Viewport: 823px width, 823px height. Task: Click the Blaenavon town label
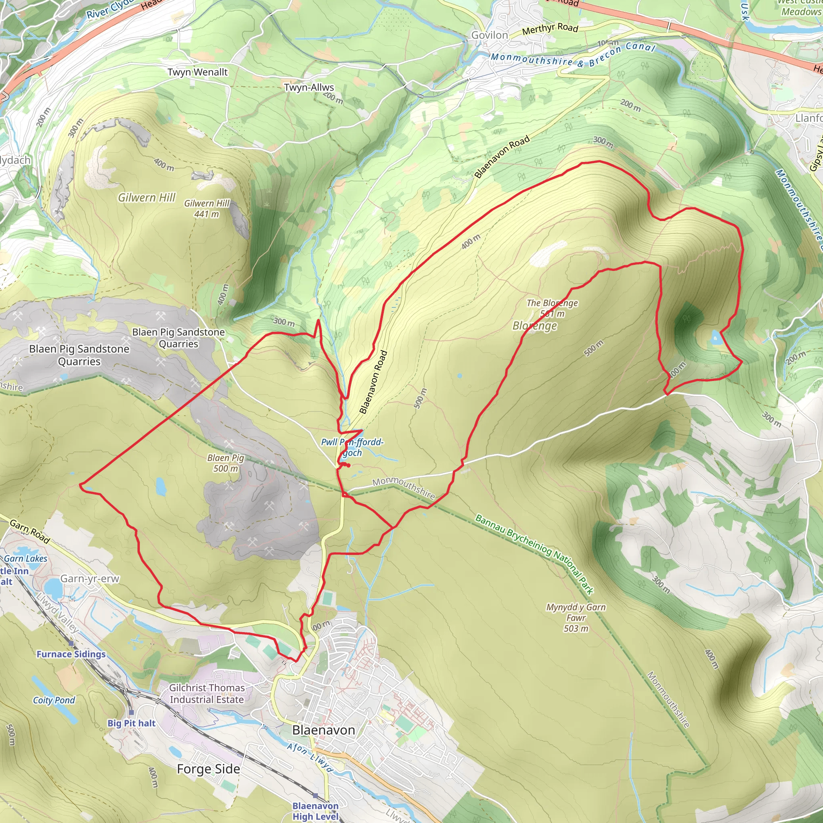point(323,730)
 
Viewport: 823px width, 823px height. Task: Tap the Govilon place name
point(489,35)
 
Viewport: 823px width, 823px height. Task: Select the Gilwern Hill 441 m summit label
point(207,209)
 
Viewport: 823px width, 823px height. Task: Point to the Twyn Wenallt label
point(197,72)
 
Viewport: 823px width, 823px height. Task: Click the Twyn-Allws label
point(309,87)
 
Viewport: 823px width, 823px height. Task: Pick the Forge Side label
point(208,769)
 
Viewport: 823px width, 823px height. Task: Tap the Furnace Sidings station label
point(71,654)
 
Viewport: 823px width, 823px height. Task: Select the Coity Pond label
point(54,700)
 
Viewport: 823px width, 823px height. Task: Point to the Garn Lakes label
point(26,559)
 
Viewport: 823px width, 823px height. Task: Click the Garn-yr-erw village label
point(90,579)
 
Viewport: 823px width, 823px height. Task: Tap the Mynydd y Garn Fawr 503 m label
point(575,618)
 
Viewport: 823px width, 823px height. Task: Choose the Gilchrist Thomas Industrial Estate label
point(207,694)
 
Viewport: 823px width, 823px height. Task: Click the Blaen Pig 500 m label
point(225,463)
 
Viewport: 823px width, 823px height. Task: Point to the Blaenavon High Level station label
point(315,811)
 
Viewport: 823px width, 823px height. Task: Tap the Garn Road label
point(29,531)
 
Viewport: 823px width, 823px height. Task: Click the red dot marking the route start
point(348,465)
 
